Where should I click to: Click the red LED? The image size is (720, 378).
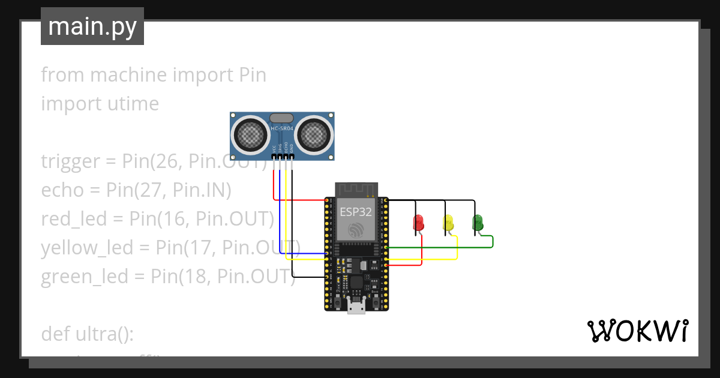(x=419, y=223)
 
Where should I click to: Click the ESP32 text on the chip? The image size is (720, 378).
(x=356, y=212)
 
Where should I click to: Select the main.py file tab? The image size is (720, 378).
(x=92, y=26)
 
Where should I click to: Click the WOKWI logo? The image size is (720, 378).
(x=637, y=331)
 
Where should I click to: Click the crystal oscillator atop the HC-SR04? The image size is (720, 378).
(x=282, y=118)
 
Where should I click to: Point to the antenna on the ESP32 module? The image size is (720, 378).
(x=356, y=190)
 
